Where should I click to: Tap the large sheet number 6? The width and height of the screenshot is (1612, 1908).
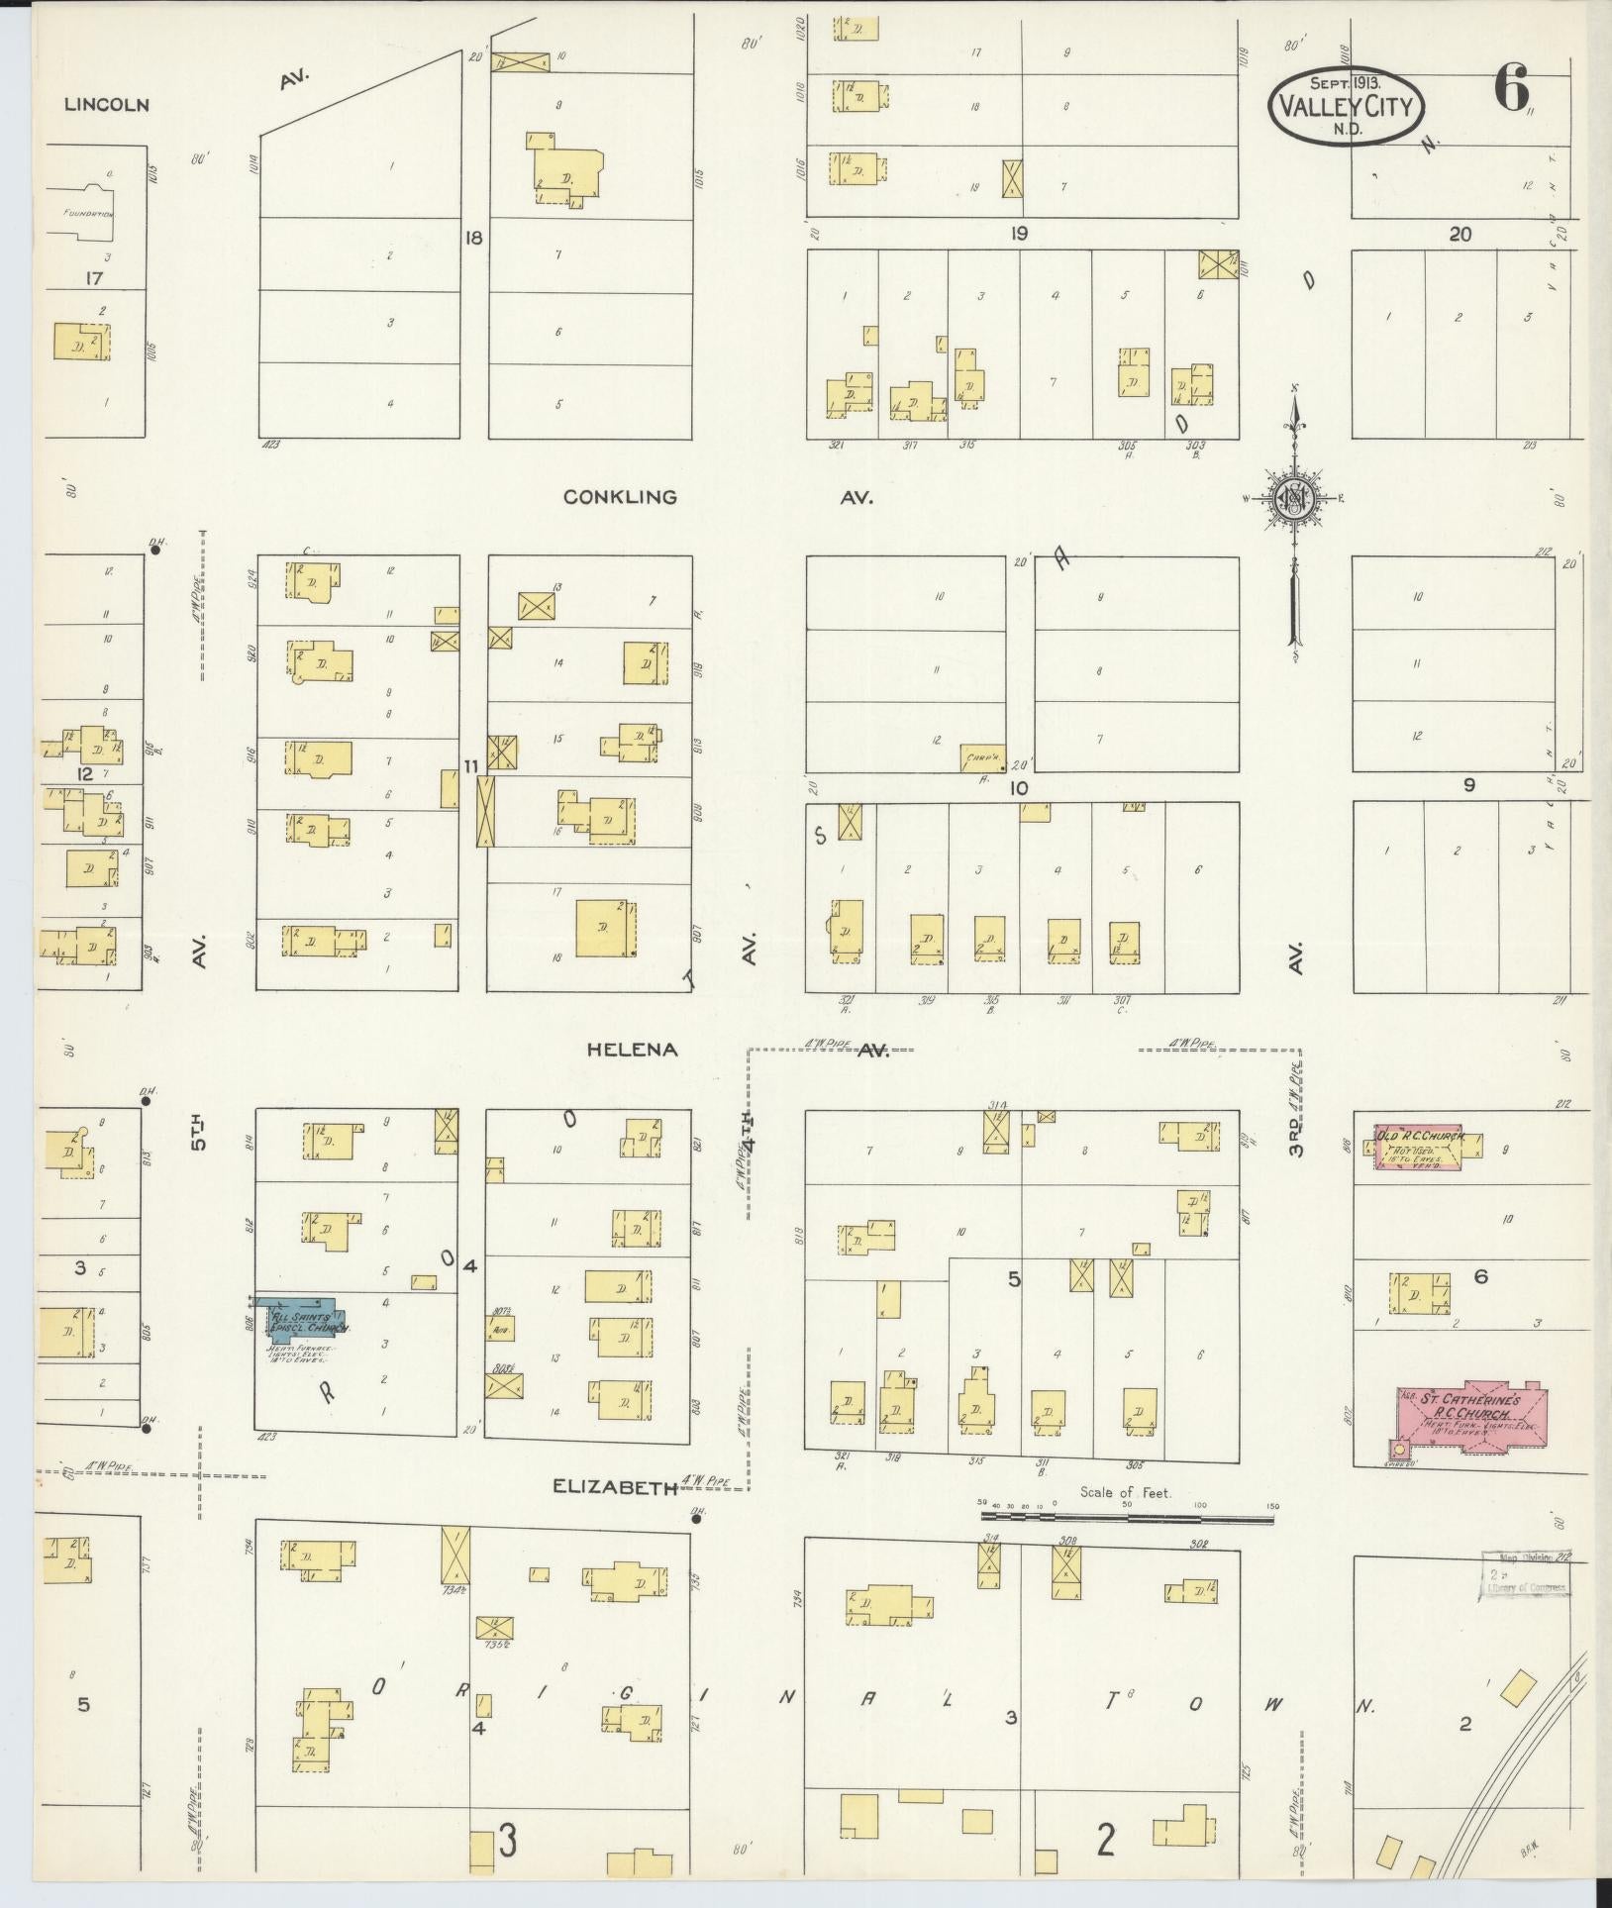pos(1511,89)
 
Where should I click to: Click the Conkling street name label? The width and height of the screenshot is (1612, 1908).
pos(620,497)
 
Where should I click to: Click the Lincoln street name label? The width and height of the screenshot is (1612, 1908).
pos(106,104)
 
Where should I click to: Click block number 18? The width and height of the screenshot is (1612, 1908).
pos(474,238)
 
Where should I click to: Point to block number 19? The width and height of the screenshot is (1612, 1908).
pos(1018,234)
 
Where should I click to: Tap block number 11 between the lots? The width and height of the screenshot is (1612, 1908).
pos(471,765)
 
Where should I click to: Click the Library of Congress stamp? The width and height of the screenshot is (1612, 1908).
pos(1526,1581)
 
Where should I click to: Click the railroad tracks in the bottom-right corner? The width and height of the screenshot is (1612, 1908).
pos(1545,1723)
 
